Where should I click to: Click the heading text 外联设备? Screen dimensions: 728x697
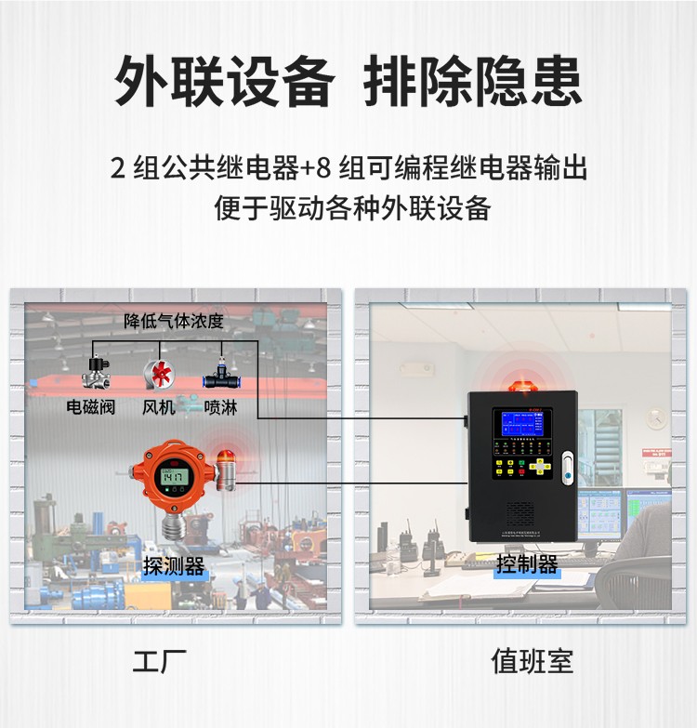pos(224,82)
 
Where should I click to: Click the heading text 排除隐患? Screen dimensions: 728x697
pos(473,82)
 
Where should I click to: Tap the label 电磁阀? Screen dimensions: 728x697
pos(91,406)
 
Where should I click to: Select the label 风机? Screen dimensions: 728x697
pos(158,406)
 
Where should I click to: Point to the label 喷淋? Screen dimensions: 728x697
pos(220,406)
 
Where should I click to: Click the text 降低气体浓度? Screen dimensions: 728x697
pos(174,322)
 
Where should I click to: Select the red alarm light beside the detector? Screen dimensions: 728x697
pos(226,467)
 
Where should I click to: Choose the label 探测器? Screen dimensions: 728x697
pos(174,565)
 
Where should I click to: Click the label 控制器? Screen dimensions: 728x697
pos(527,563)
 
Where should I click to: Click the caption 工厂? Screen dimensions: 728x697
pos(160,662)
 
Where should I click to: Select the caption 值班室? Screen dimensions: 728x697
pos(533,662)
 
